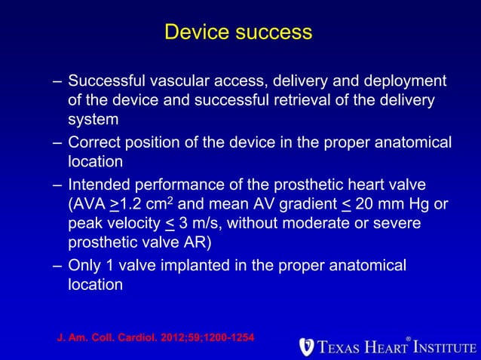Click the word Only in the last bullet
pyautogui.click(x=82, y=266)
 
